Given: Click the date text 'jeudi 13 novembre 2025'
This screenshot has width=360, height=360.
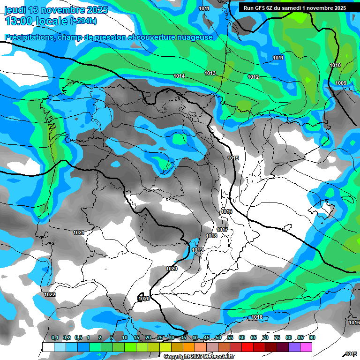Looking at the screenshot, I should click(x=56, y=10).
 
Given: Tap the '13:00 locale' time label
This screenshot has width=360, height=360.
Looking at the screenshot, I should click(x=36, y=21).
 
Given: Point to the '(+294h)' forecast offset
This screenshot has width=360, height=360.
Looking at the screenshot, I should click(x=83, y=21).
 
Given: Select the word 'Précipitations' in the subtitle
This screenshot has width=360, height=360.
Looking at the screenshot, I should click(x=29, y=37).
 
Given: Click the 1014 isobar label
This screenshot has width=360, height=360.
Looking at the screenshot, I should click(x=179, y=76).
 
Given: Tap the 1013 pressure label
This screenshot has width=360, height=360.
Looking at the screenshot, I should click(x=210, y=73).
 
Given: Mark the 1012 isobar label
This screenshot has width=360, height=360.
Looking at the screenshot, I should click(x=253, y=77).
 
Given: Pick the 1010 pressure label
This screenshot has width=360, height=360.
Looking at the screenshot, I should click(x=335, y=65).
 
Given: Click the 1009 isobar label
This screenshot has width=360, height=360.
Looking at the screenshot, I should click(x=341, y=83).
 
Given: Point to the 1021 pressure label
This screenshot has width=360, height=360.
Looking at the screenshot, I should click(x=79, y=232).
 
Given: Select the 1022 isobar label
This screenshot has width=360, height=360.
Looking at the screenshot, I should click(x=50, y=294).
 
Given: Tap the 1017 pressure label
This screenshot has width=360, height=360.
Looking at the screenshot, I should click(x=222, y=230).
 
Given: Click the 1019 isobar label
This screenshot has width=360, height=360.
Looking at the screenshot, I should click(x=197, y=250).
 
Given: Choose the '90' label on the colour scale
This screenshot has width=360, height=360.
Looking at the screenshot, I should click(x=312, y=337).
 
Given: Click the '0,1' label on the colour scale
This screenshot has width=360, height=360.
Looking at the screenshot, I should click(x=55, y=337).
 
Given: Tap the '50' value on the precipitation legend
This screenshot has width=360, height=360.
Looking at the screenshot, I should click(x=218, y=337).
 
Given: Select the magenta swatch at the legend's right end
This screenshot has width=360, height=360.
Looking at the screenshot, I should click(x=306, y=347).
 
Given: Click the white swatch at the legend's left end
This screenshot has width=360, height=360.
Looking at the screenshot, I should click(x=48, y=347).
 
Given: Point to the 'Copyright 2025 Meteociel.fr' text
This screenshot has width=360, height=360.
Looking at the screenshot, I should click(x=199, y=356).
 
